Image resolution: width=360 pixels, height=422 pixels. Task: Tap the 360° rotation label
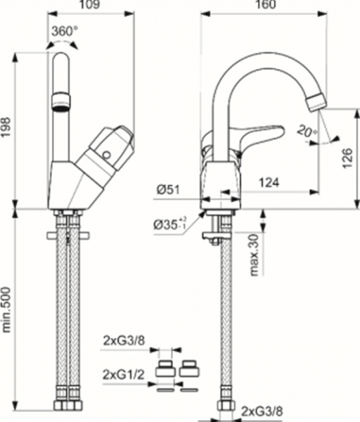click(64, 32)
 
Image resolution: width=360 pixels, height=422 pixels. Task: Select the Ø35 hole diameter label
click(171, 225)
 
